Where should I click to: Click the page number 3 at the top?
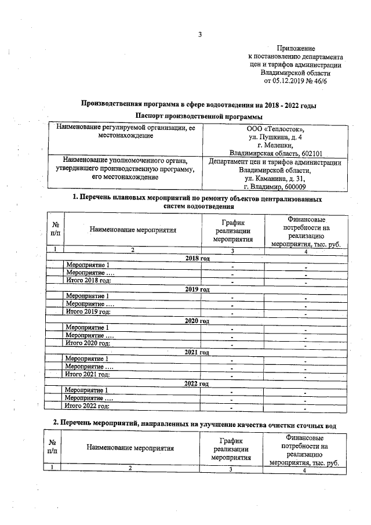click(200, 34)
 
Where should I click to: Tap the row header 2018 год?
click(197, 258)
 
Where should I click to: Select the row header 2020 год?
click(197, 321)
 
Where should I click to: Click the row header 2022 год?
click(197, 383)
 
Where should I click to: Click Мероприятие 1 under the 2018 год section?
click(88, 265)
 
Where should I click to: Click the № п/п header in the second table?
click(52, 447)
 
